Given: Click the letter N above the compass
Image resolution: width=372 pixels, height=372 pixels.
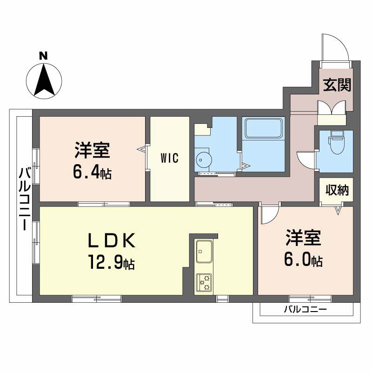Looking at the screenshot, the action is point(43,56).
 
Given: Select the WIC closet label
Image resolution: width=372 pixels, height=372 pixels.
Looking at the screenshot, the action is point(169,158).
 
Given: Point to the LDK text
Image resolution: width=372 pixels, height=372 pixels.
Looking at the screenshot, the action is point(112,240).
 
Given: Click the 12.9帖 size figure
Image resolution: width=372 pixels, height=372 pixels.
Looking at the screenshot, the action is point(112,262).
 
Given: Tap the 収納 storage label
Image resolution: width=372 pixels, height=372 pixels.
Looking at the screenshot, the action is point(337,190).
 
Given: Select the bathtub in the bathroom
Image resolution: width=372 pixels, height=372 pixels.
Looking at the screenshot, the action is point(264,128).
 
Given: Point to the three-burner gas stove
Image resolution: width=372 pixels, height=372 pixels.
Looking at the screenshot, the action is point(204,282).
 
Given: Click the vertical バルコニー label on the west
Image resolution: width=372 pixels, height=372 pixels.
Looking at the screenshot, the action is point(25,199).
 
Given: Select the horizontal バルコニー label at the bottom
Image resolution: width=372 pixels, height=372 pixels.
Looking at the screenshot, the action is point(306,309).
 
